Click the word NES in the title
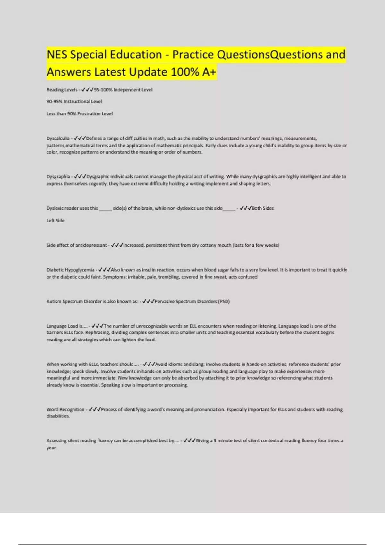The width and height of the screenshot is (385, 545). [x=57, y=55]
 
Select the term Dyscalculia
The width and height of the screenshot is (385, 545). [x=58, y=138]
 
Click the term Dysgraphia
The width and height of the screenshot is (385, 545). [x=58, y=177]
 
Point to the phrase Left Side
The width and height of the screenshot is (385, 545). [x=56, y=221]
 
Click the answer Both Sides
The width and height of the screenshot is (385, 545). [x=263, y=208]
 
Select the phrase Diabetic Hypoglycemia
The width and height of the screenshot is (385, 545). [x=70, y=270]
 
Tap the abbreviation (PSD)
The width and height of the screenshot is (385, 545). [x=224, y=302]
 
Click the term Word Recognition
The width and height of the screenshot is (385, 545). [x=65, y=410]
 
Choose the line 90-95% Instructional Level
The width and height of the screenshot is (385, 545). [x=74, y=102]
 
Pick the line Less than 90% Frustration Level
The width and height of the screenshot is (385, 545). [x=80, y=114]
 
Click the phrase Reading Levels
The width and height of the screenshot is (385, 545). [x=62, y=90]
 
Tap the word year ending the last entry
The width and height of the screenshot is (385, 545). [x=51, y=448]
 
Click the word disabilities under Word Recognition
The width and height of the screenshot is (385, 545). [x=58, y=416]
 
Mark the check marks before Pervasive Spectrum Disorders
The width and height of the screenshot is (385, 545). [x=149, y=302]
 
